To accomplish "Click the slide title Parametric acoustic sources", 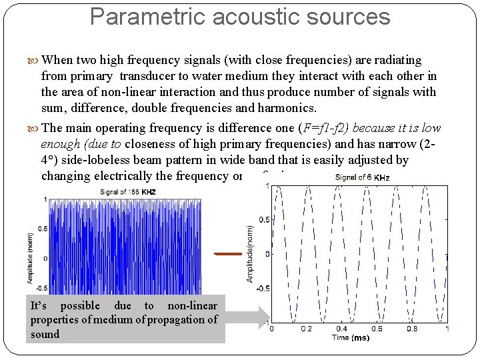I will tap(240, 17).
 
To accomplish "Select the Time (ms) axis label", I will tap(351, 338).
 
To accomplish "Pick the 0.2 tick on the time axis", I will tap(306, 329).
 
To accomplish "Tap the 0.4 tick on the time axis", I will tap(341, 329).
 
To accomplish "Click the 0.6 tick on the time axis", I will tap(377, 329).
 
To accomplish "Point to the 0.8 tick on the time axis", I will tap(412, 329).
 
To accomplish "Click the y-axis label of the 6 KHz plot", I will tap(250, 253).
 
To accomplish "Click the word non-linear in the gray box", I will tap(192, 305).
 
